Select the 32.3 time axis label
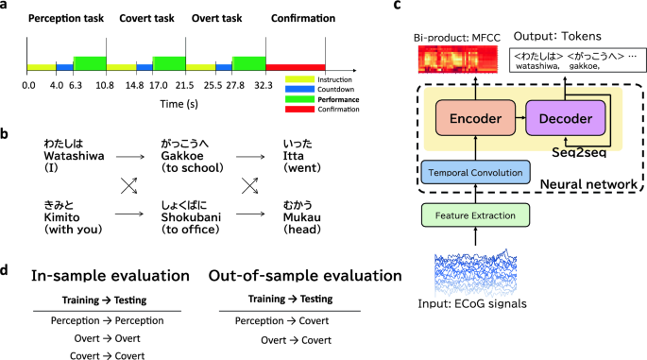tap(264, 85)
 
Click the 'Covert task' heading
tap(146, 19)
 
